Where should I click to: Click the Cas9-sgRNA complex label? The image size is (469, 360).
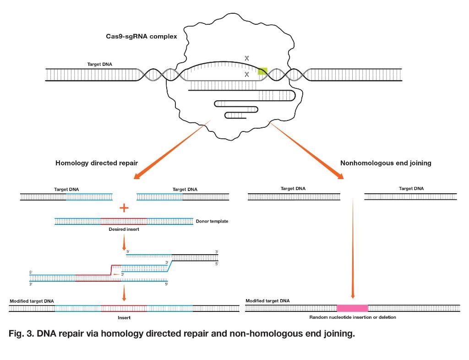[141, 36]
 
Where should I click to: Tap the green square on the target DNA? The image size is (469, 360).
[262, 71]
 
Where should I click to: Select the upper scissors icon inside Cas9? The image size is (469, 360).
[247, 58]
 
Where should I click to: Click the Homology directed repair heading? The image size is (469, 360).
[97, 163]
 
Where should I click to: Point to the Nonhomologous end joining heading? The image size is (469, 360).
[386, 163]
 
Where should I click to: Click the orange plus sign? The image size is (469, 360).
[124, 208]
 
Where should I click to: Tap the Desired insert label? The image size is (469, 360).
[124, 229]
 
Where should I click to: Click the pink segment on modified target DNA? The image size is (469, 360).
[352, 308]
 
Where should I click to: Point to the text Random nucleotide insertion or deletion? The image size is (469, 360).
[353, 317]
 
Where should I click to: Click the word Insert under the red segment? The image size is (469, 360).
[124, 317]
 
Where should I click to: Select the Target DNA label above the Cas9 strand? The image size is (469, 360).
[99, 64]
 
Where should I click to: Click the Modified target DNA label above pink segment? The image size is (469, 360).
[267, 301]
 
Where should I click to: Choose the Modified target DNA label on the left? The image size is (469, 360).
[32, 301]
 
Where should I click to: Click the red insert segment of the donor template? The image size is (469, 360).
[124, 222]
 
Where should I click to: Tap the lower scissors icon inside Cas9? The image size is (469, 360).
[247, 75]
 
